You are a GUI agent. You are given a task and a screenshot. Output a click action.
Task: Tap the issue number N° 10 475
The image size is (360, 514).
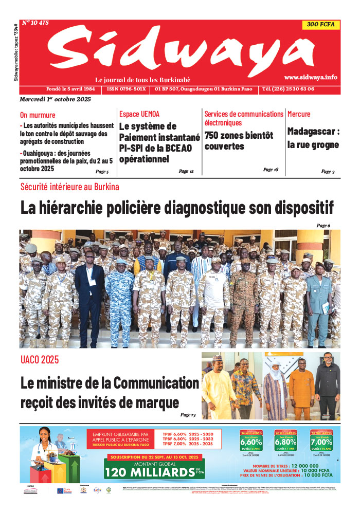pos(35,23)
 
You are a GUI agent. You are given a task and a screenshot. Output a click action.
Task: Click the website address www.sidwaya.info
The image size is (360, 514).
pos(310,77)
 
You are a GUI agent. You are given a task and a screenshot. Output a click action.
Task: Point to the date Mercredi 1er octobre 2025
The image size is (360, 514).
pos(55,99)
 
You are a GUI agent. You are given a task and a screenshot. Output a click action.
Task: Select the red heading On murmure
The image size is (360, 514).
pos(38,115)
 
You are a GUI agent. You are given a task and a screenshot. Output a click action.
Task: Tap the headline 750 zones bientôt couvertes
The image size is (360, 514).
pos(239,141)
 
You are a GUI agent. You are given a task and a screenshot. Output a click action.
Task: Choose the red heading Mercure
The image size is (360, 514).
pos(299,114)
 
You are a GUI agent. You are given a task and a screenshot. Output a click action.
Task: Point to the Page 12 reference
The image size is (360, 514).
pos(186,171)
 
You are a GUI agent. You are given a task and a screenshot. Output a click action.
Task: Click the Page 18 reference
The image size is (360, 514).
pos(271,170)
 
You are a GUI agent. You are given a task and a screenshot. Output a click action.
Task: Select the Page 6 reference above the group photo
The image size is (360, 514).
pos(323,226)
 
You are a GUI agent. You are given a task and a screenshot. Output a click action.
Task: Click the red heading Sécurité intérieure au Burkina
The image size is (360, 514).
pos(69,187)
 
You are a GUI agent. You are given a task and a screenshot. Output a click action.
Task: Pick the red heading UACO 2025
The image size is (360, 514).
pos(40,359)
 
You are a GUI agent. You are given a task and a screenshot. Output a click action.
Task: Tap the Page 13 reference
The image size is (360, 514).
pos(188,415)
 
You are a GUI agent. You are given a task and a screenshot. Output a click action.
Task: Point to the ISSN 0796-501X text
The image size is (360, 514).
pos(127,89)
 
